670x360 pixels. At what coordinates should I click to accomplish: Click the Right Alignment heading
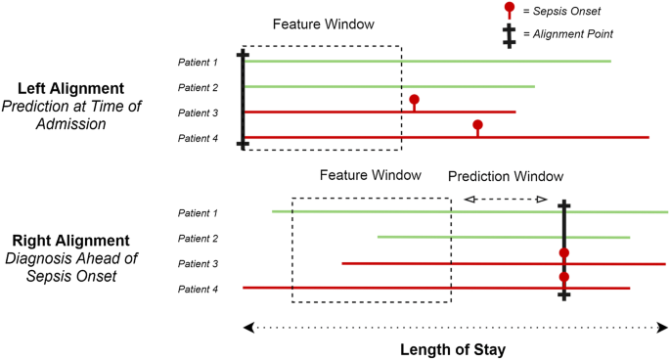(x=70, y=241)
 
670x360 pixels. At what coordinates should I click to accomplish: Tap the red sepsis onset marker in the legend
(x=508, y=9)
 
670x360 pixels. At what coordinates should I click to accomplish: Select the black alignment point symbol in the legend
(x=508, y=35)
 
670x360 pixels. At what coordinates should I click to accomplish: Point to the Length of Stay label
(x=455, y=348)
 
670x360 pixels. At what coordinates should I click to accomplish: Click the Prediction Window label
(x=505, y=176)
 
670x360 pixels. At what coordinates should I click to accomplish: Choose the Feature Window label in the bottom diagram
(x=370, y=175)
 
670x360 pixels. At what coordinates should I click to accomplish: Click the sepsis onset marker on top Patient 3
(x=414, y=101)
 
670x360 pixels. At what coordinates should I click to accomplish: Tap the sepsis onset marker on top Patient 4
(x=477, y=125)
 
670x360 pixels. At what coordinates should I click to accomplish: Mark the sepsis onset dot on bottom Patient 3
(x=564, y=253)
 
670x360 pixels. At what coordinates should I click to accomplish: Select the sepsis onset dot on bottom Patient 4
(x=564, y=277)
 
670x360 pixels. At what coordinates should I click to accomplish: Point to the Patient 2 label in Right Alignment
(x=197, y=239)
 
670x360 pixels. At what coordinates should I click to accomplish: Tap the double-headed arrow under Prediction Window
(x=505, y=200)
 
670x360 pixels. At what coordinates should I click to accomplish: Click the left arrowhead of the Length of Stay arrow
(x=247, y=327)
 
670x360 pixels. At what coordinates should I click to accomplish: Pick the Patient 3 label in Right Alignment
(x=197, y=264)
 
